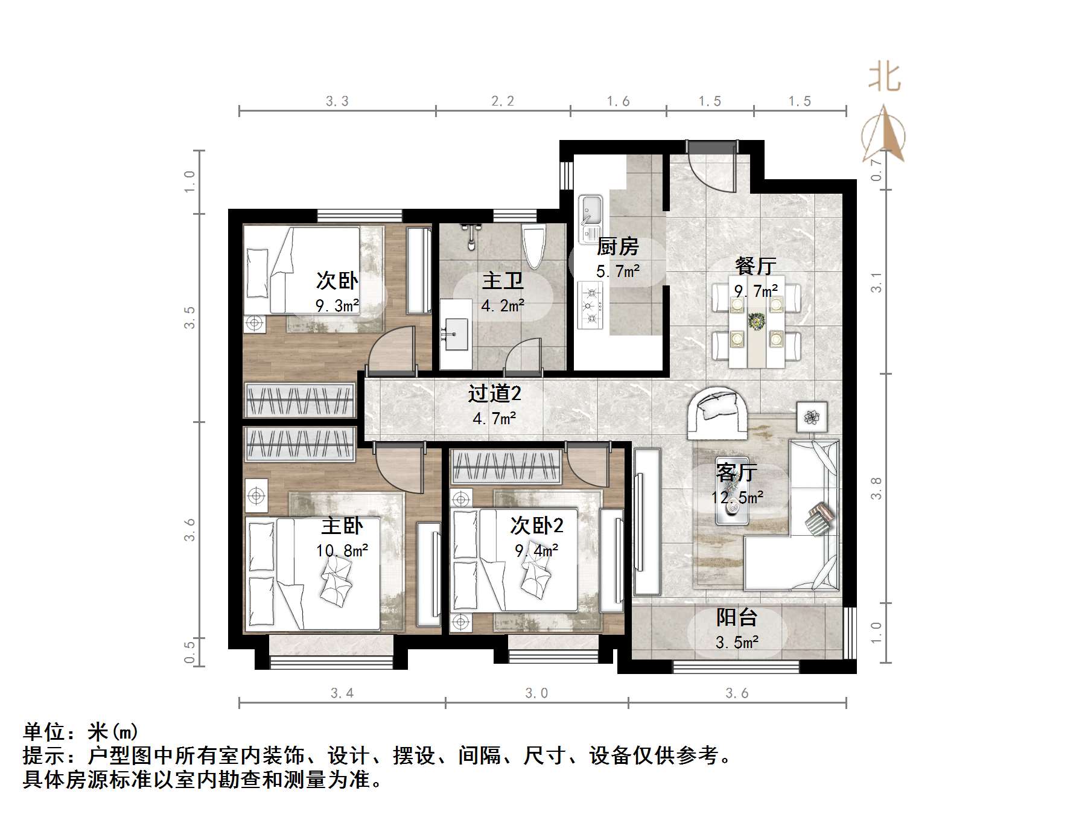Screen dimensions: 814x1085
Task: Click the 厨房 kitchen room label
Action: pyautogui.click(x=617, y=247)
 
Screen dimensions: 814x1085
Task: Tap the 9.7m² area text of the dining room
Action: pyautogui.click(x=756, y=291)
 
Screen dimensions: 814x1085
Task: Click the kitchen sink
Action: pyautogui.click(x=590, y=211)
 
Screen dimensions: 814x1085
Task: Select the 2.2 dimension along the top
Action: pyautogui.click(x=503, y=101)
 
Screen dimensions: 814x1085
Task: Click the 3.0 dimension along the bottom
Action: pyautogui.click(x=536, y=693)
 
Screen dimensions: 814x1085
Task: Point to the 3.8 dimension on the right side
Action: pyautogui.click(x=876, y=488)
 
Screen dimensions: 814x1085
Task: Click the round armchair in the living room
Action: pyautogui.click(x=718, y=413)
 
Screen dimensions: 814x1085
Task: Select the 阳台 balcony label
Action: pyautogui.click(x=736, y=617)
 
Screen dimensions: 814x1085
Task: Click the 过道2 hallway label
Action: pyautogui.click(x=494, y=394)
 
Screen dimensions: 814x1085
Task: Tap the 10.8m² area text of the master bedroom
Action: pyautogui.click(x=342, y=550)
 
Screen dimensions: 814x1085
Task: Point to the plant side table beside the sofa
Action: pyautogui.click(x=811, y=416)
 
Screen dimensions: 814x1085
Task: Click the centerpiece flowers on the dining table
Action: pyautogui.click(x=756, y=321)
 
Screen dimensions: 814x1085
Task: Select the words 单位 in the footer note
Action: pyautogui.click(x=43, y=732)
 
